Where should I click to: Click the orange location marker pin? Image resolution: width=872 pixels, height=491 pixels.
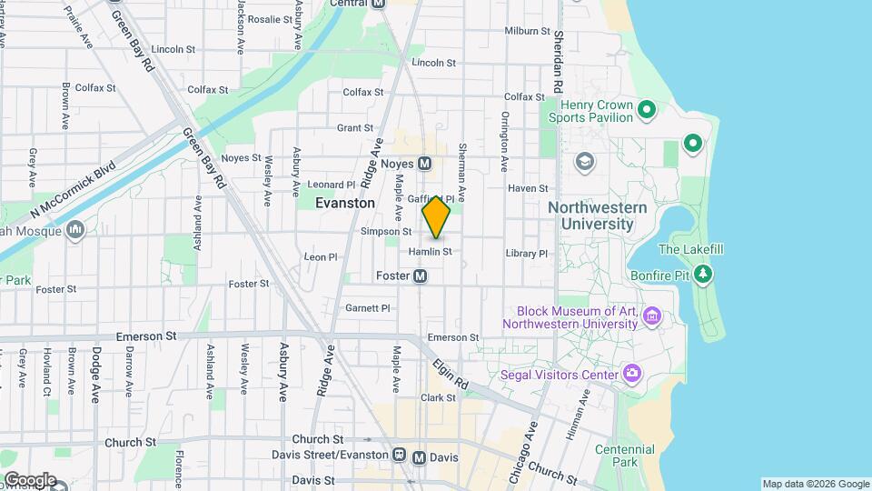(x=437, y=217)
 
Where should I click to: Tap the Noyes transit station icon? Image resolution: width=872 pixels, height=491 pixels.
(x=424, y=164)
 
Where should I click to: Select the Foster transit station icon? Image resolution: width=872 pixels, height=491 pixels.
(x=421, y=276)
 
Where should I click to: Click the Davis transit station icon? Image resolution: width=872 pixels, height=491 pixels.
(x=419, y=457)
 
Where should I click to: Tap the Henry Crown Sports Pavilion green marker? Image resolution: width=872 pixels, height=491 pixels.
(x=647, y=111)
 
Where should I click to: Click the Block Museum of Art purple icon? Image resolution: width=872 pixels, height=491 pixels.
(x=650, y=316)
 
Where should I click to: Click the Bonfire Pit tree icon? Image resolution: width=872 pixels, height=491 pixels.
(x=702, y=273)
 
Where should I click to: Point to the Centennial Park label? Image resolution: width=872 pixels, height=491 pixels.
(x=624, y=456)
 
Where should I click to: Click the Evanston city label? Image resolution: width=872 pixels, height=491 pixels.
(x=344, y=204)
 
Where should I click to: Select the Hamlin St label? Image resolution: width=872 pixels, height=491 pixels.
(x=430, y=251)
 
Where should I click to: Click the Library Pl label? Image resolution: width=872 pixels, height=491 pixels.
(x=528, y=254)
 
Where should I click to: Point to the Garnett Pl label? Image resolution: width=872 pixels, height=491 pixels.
(x=367, y=308)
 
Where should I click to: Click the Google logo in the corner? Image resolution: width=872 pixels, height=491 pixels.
(x=29, y=479)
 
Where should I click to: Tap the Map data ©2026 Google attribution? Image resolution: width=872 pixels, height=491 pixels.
(x=815, y=484)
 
